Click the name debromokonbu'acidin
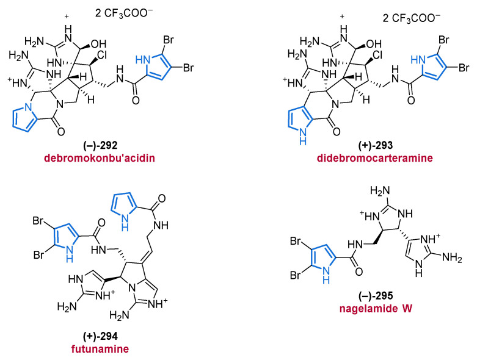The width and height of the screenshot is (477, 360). click(100, 158)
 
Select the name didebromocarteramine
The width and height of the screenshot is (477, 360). click(375, 158)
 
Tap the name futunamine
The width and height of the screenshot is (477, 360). click(100, 348)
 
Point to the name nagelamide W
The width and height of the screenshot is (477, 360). click(376, 309)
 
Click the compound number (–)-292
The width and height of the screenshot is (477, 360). click(100, 145)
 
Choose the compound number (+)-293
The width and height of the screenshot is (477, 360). click(376, 145)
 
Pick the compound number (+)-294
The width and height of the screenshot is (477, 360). click(100, 336)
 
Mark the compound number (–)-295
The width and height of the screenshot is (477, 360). click(376, 295)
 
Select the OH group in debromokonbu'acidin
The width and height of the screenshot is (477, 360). click(98, 45)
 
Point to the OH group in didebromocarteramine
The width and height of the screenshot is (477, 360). click(374, 45)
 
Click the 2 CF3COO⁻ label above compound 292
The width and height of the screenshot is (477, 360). click(124, 14)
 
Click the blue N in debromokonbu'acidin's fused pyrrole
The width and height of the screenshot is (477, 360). click(28, 107)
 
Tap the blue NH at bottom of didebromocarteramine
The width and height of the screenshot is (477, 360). click(303, 137)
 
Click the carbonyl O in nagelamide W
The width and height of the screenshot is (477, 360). click(359, 272)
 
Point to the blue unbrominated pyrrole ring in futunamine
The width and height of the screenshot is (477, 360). click(123, 206)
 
